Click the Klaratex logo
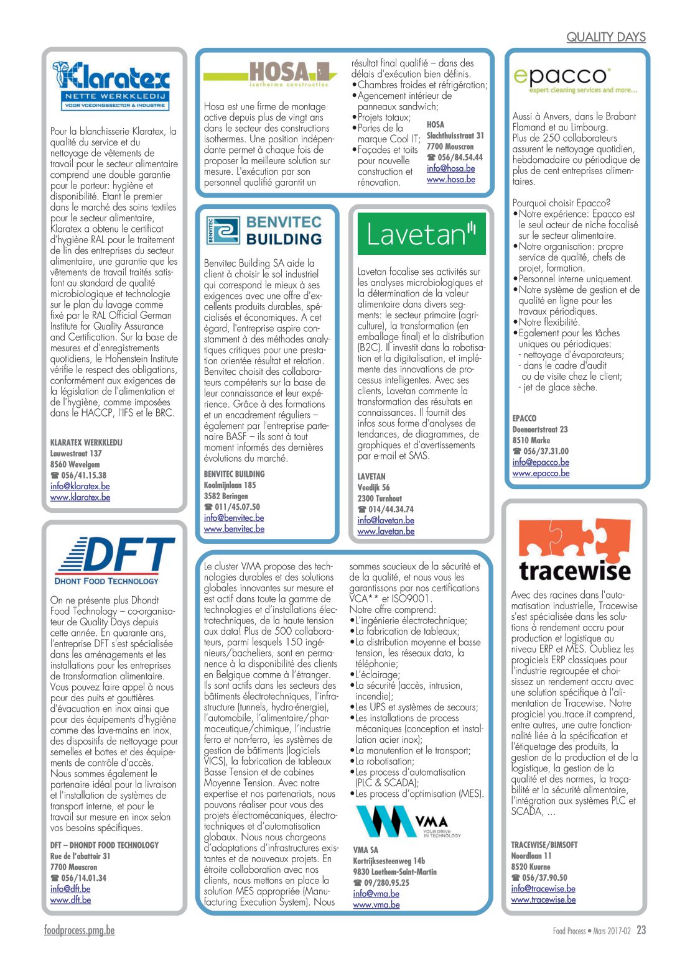pyautogui.click(x=111, y=86)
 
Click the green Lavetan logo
pyautogui.click(x=421, y=234)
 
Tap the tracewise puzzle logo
pyautogui.click(x=575, y=549)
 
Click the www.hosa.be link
pyautogui.click(x=450, y=179)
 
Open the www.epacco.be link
pyautogui.click(x=541, y=473)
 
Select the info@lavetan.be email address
pyautogui.click(x=386, y=520)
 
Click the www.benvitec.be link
pyautogui.click(x=234, y=529)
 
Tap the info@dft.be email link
pyautogui.click(x=70, y=889)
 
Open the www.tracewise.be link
pyautogui.click(x=543, y=899)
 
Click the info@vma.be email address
pyautogui.click(x=376, y=893)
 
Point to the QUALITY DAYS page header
pyautogui.click(x=605, y=37)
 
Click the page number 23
pyautogui.click(x=641, y=930)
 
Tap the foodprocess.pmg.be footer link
pyautogui.click(x=79, y=930)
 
